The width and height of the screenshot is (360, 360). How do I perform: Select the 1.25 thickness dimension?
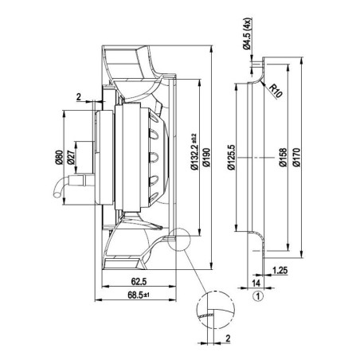[x=280, y=271]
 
